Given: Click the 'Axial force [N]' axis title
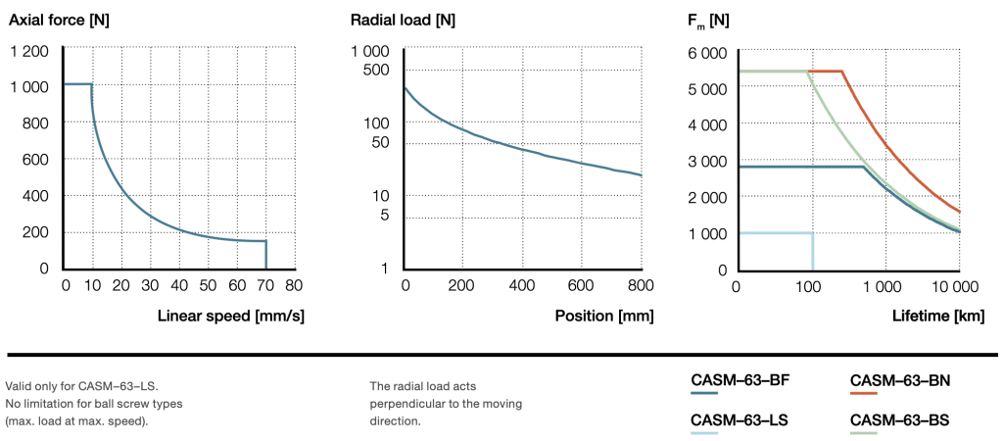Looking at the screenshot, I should (59, 19).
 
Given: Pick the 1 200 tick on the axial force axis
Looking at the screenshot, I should (27, 51).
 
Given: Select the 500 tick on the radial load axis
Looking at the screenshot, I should (376, 70).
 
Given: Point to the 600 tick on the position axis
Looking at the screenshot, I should (582, 285).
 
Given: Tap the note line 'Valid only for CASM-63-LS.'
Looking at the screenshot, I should (72, 385).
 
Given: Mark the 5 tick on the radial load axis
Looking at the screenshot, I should (385, 216).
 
